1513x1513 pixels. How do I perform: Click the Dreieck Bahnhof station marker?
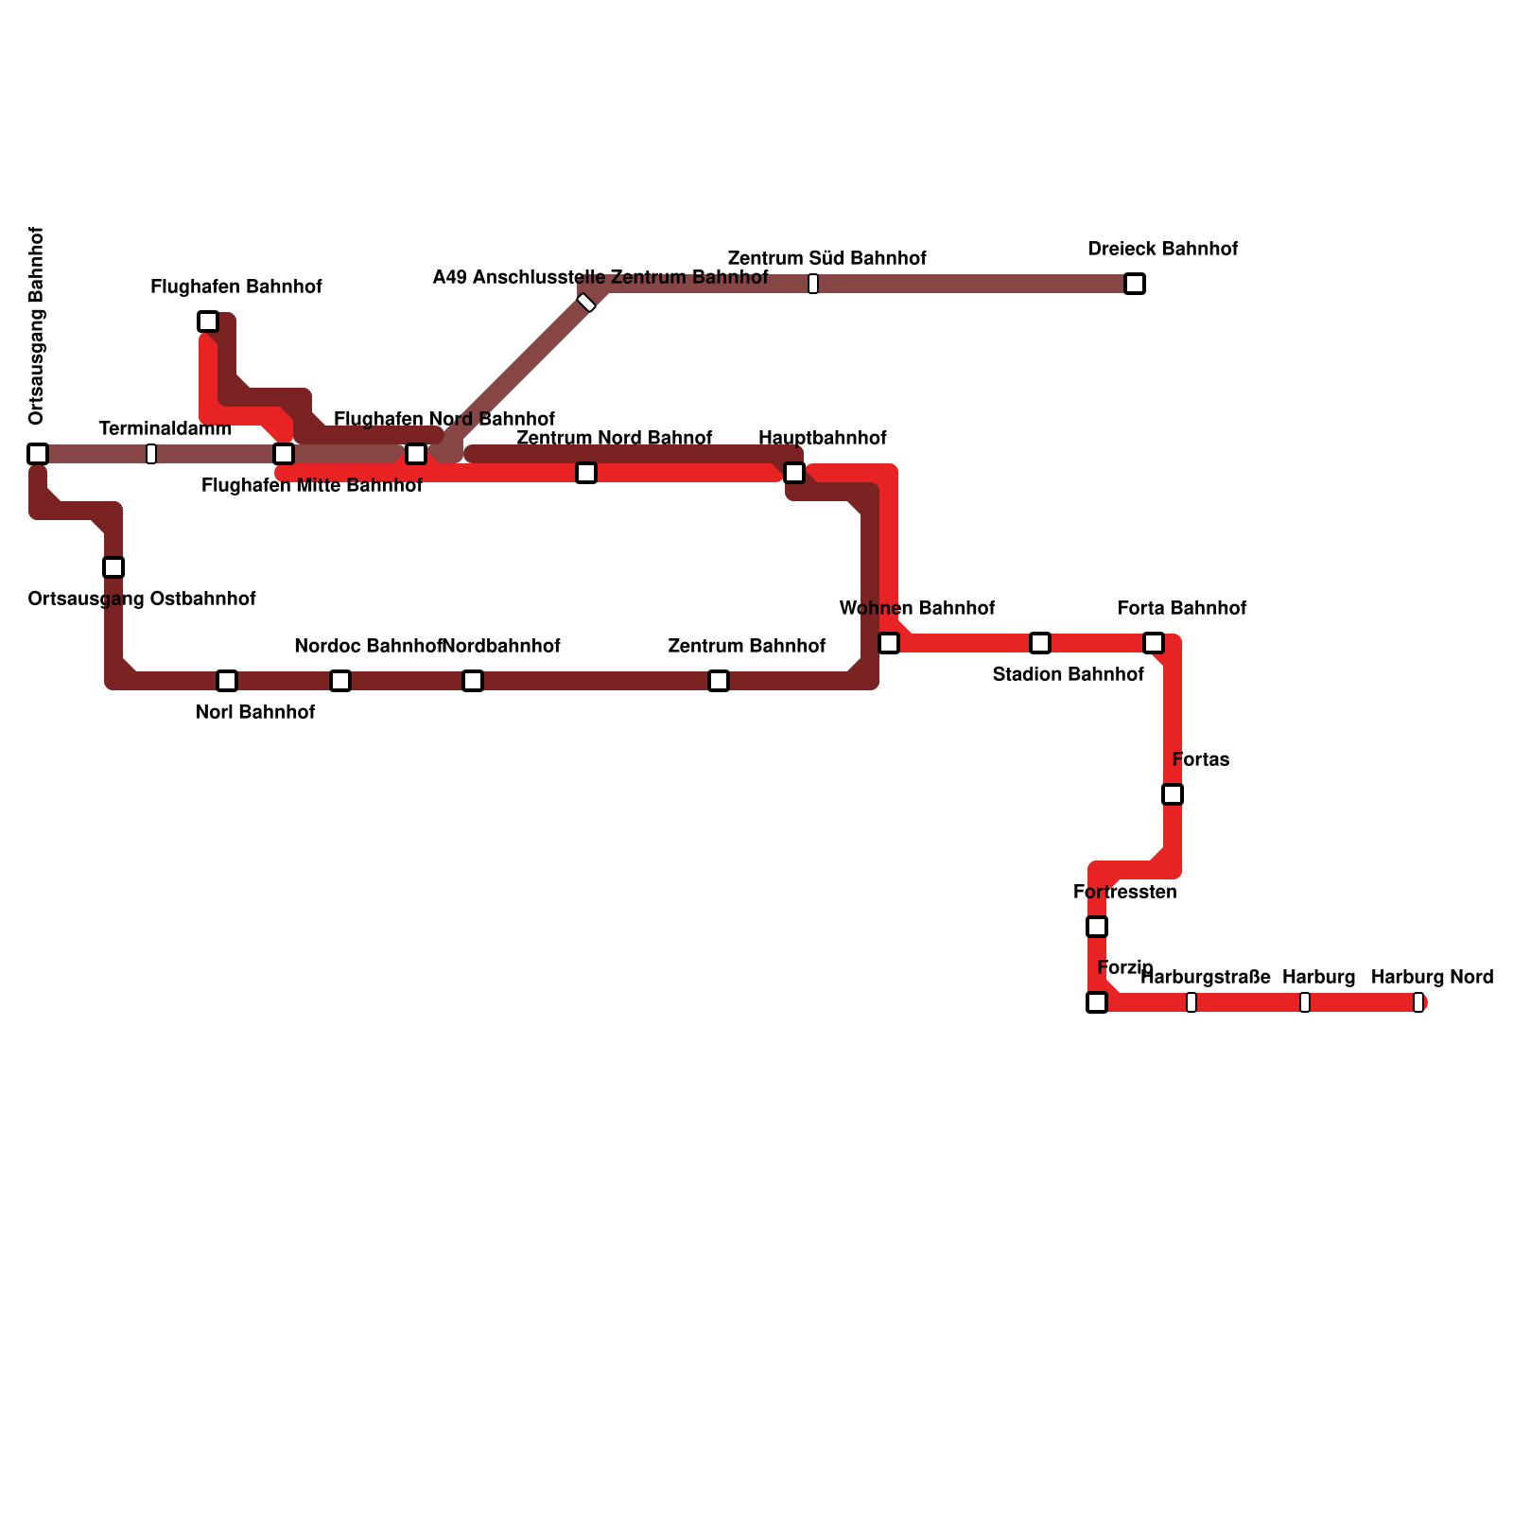pos(1135,284)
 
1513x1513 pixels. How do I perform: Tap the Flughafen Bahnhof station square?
pos(208,322)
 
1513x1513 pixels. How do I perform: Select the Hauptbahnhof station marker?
pos(794,473)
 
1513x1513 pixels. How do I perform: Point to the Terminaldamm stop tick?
pos(151,454)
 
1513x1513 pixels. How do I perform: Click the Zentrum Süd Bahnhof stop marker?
pos(813,284)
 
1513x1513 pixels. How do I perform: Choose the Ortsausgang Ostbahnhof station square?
pos(113,567)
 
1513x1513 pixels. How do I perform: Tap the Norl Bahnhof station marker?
pos(227,681)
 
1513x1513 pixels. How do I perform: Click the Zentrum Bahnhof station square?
pos(719,681)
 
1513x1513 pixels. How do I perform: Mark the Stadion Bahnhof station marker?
pos(1040,643)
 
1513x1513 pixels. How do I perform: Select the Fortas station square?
pos(1173,794)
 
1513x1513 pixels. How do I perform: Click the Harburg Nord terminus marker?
pos(1418,1002)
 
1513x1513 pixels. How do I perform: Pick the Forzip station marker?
pos(1097,1002)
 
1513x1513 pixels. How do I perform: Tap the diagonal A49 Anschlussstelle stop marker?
pos(586,303)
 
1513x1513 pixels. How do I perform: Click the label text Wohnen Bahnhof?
pos(916,608)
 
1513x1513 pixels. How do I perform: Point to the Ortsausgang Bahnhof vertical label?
pos(37,326)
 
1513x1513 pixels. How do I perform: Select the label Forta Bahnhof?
pos(1181,608)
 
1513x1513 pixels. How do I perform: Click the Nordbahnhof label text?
pos(502,646)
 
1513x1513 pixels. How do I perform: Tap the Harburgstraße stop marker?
pos(1191,1002)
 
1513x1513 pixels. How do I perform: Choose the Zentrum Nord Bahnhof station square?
pos(586,473)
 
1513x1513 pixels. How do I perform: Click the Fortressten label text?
pos(1124,892)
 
